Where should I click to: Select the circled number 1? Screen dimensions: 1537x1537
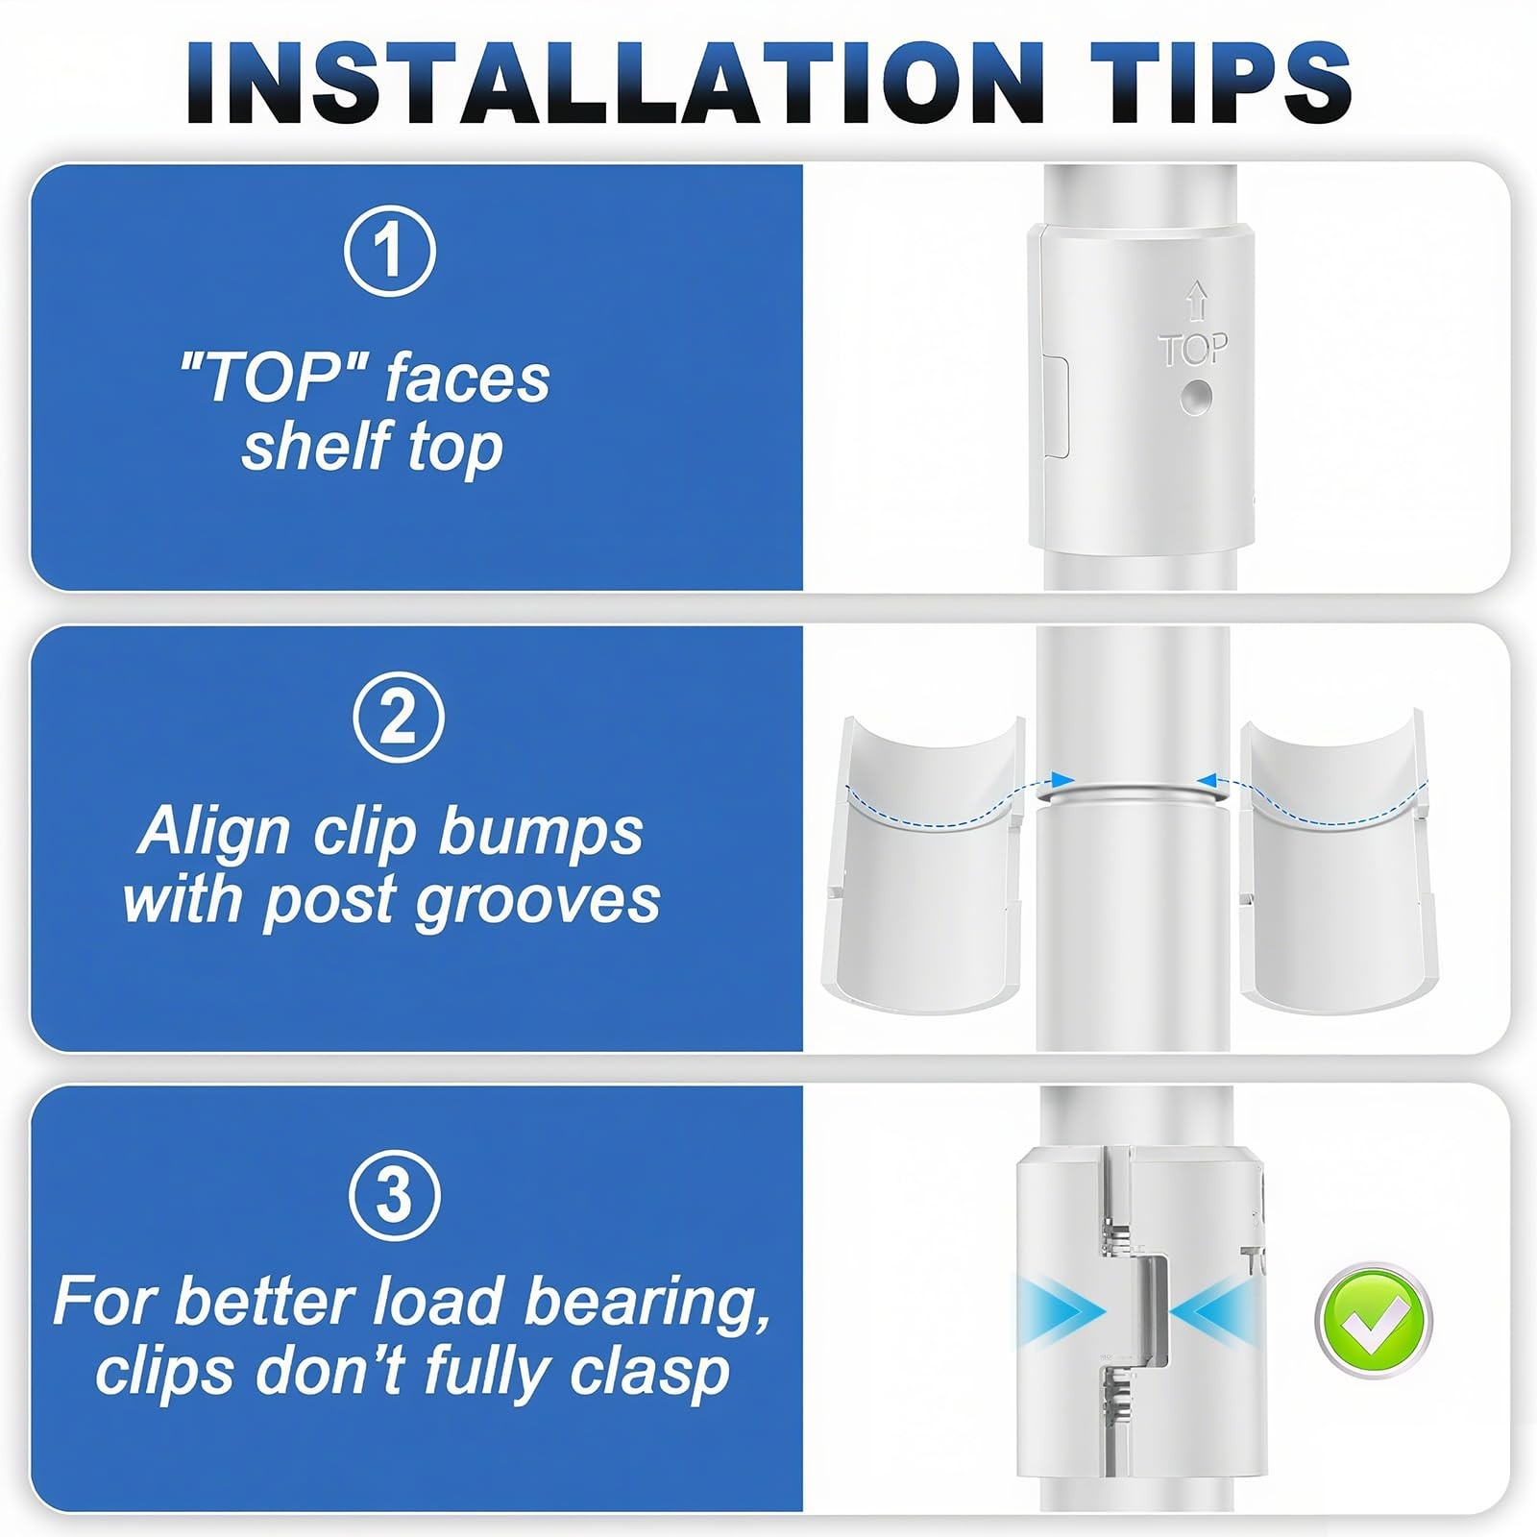click(390, 250)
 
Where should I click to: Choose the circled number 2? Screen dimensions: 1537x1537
click(398, 718)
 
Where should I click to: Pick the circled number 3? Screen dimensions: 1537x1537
click(394, 1196)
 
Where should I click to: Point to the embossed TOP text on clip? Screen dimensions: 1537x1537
click(1192, 351)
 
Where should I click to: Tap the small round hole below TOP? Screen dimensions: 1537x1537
click(1196, 397)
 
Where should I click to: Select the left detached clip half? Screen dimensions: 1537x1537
click(921, 865)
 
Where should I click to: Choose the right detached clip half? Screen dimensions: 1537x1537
click(1337, 865)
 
